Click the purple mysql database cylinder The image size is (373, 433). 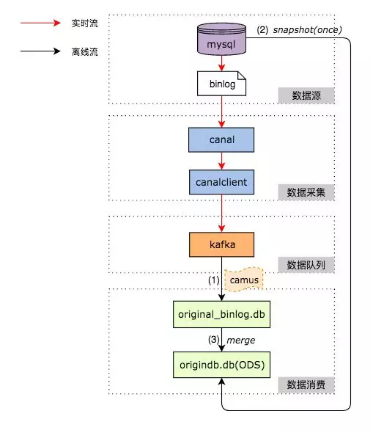[x=221, y=39]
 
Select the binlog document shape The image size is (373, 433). [x=221, y=84]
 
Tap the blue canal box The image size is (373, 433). [x=221, y=139]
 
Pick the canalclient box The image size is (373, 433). [x=221, y=182]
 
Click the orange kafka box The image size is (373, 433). [x=221, y=244]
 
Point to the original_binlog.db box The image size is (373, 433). [x=221, y=314]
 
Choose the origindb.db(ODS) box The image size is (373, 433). [x=221, y=365]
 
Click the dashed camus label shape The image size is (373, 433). [x=244, y=280]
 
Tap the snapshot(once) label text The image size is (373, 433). [x=307, y=30]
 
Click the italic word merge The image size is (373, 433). [x=240, y=341]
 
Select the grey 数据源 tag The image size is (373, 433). [x=306, y=95]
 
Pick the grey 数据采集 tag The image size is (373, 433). [x=306, y=192]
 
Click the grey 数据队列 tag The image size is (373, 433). [x=306, y=265]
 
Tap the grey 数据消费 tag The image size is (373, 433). [x=306, y=385]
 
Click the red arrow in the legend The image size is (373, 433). [x=40, y=23]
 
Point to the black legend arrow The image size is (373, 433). [x=40, y=51]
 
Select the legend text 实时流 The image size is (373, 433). [x=85, y=23]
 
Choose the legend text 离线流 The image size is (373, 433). [x=85, y=51]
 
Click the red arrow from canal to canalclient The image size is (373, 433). [x=221, y=161]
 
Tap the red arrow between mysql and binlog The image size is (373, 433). [x=221, y=63]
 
